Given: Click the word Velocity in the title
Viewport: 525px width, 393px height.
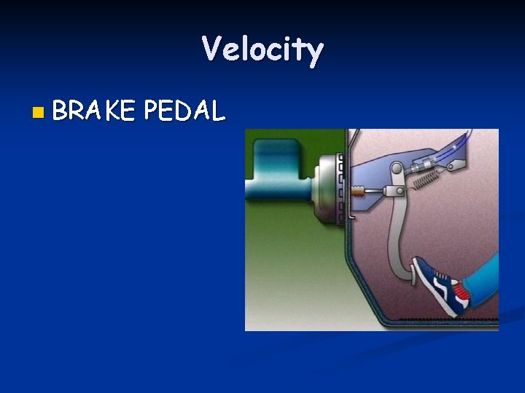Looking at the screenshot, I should pos(262,50).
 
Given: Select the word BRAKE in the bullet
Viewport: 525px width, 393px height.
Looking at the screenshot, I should pos(93,111).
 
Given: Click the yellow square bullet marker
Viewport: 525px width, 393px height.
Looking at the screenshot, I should pos(38,112).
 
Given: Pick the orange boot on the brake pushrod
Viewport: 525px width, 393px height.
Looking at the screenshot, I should pos(357,192).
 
